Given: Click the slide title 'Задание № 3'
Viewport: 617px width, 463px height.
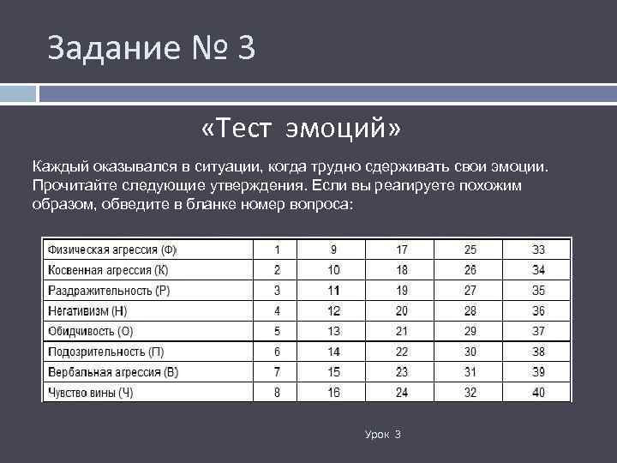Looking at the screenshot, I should tap(152, 48).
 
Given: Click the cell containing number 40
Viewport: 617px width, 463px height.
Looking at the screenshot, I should tap(537, 392).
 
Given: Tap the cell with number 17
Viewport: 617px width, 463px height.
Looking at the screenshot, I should tap(402, 250).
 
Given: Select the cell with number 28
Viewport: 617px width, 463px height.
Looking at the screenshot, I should tap(470, 310).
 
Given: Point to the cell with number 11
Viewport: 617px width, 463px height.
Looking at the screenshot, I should tap(333, 291).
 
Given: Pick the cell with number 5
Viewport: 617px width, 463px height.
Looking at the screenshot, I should tap(277, 331).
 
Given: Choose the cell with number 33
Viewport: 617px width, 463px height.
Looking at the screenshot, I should tap(537, 250).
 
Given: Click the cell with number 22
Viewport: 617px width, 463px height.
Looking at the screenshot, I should tap(402, 352).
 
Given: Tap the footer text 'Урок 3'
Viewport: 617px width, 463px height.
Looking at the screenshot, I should tap(383, 436).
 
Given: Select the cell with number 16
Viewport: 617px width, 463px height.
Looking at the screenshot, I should tap(333, 392).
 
